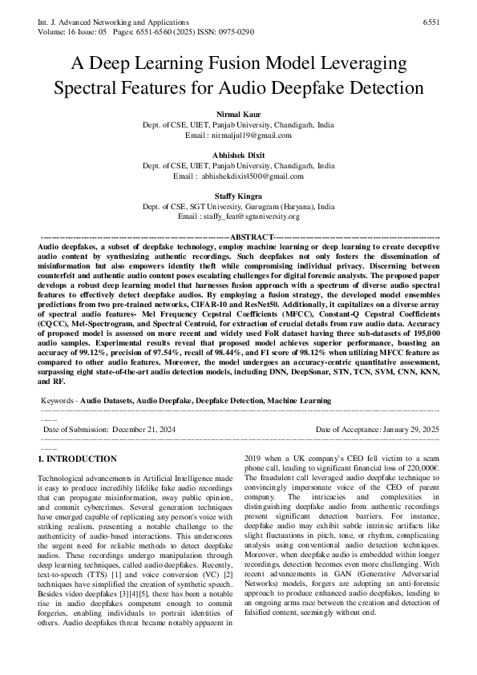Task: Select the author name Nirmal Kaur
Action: pos(238,117)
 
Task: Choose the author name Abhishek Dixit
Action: pos(238,156)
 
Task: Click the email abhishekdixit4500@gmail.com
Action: pos(253,175)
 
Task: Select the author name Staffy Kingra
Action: pos(238,196)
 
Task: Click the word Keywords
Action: pos(57,398)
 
